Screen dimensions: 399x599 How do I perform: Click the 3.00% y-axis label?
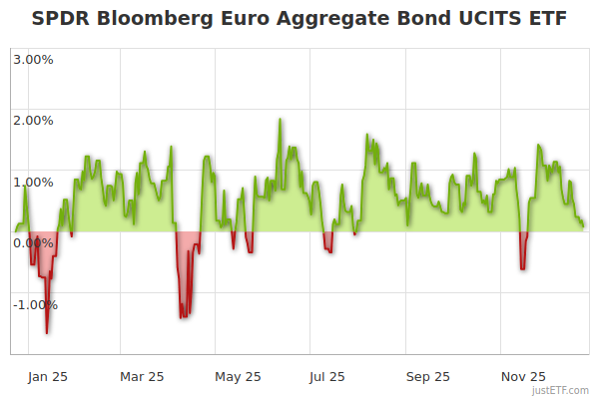tap(33, 59)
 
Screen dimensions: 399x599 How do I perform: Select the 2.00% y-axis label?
tap(33, 121)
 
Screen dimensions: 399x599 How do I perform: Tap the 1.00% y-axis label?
tap(33, 182)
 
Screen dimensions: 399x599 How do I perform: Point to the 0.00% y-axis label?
tap(33, 243)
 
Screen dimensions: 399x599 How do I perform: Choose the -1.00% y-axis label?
tap(35, 305)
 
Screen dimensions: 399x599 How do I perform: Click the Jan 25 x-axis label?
tap(48, 377)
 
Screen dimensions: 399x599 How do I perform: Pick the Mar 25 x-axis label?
tap(142, 377)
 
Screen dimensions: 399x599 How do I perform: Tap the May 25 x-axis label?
tap(238, 377)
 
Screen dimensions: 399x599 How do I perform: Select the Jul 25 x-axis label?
tap(327, 377)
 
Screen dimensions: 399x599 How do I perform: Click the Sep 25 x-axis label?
tap(428, 377)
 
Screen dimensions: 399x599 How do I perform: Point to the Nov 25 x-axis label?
tap(523, 377)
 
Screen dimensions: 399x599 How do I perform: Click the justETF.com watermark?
tap(560, 390)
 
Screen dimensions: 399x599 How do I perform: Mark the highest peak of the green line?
tap(280, 120)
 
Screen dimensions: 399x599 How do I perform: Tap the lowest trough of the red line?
tap(46, 332)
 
